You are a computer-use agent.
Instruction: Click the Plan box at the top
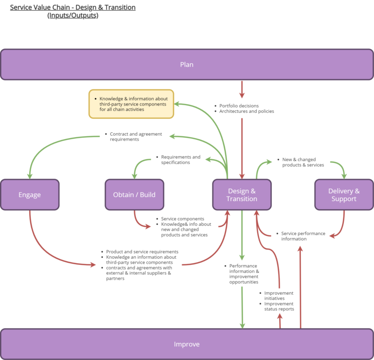(187, 64)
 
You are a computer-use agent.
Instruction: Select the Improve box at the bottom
(187, 344)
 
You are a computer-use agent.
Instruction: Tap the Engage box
(30, 195)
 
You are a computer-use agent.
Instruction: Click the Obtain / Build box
(134, 195)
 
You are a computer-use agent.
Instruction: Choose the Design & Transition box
(242, 195)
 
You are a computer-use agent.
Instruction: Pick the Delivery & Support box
(344, 195)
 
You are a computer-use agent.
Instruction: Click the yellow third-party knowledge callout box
(131, 104)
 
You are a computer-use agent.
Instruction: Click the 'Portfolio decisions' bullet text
(239, 106)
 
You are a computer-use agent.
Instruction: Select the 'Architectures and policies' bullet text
(247, 111)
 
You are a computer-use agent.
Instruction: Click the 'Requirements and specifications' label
(180, 160)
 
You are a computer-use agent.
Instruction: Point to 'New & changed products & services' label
(303, 162)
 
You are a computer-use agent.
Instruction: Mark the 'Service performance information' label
(303, 236)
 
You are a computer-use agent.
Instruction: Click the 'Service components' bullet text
(183, 219)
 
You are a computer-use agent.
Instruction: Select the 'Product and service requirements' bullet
(142, 252)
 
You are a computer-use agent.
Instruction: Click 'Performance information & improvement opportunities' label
(244, 274)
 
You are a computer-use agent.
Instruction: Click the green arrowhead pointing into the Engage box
(30, 176)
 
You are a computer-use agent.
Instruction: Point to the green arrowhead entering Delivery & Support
(344, 176)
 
